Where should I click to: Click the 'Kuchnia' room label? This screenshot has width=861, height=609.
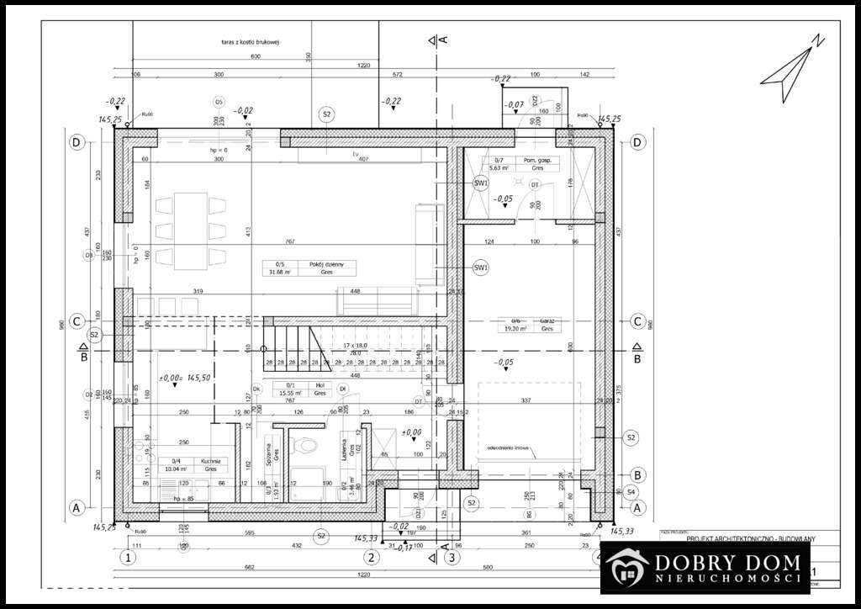pyautogui.click(x=209, y=461)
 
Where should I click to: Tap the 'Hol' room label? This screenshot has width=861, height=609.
pyautogui.click(x=320, y=384)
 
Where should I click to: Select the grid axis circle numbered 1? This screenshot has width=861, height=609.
pyautogui.click(x=128, y=556)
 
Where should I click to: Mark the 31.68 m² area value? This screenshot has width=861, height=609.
pyautogui.click(x=278, y=273)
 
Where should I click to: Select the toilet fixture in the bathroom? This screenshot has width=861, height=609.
pyautogui.click(x=306, y=445)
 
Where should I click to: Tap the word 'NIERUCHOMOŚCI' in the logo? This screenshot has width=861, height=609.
pyautogui.click(x=725, y=580)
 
